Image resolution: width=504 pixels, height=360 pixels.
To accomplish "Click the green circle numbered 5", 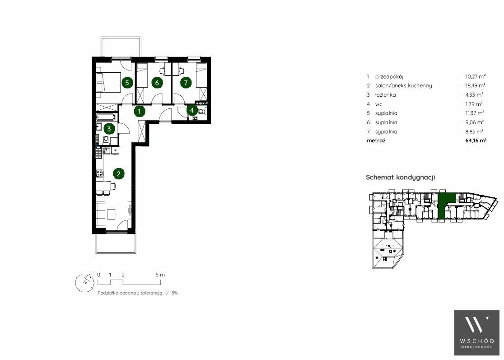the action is [127, 83].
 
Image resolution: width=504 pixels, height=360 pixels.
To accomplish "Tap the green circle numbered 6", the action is [157, 83].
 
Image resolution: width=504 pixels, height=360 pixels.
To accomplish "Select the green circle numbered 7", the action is [186, 83].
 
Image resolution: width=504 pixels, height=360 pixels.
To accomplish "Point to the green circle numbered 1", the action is [139, 112].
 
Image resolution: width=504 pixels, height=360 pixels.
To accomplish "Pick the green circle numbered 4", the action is [192, 110].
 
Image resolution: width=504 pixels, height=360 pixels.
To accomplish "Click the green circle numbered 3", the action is [109, 129].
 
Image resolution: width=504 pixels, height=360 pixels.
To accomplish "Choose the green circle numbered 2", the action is [119, 174].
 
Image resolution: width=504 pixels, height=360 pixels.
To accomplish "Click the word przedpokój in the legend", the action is [389, 77].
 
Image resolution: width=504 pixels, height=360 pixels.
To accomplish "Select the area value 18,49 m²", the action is [475, 85].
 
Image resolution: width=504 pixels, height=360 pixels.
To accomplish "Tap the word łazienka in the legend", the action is [385, 95].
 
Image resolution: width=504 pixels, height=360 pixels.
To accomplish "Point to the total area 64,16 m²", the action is [476, 140].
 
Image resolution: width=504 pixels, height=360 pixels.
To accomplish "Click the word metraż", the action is [376, 140].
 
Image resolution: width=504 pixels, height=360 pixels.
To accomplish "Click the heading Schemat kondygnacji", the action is [401, 178].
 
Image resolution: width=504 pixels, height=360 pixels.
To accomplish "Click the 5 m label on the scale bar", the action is [160, 275].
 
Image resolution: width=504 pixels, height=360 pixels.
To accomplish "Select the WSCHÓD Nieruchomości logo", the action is [477, 333].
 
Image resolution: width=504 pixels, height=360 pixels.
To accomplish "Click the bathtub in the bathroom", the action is [107, 117].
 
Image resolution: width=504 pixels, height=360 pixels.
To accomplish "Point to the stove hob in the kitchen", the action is [100, 173].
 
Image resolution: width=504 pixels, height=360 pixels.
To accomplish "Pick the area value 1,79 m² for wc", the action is [475, 104].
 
